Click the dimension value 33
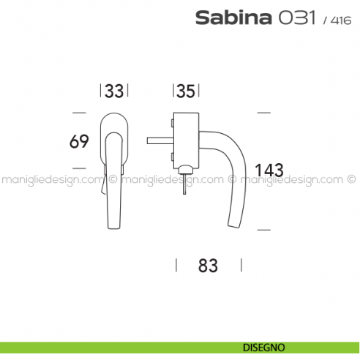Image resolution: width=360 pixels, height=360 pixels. click(x=113, y=91)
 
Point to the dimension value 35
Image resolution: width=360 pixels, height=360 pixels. click(x=186, y=91)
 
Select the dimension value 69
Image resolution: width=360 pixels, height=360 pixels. click(x=79, y=142)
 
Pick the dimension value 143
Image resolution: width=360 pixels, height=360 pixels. click(x=269, y=170)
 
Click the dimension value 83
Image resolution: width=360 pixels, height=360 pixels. click(x=209, y=266)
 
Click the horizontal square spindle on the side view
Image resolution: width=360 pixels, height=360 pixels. click(x=160, y=139)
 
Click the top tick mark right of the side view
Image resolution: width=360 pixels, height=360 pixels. click(x=264, y=112)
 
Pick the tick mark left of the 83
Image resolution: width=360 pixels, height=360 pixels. click(x=176, y=265)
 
